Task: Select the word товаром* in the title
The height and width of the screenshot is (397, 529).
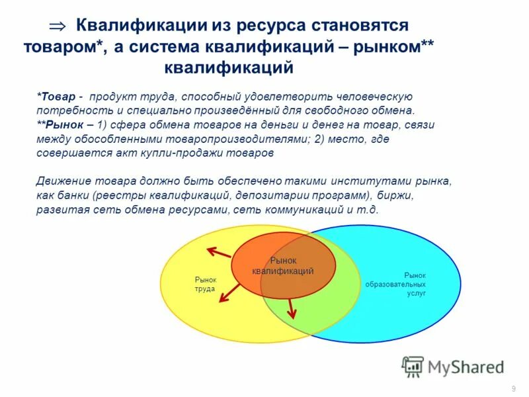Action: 60,46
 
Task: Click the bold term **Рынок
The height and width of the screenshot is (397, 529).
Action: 60,124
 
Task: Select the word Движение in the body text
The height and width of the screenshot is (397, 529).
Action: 63,181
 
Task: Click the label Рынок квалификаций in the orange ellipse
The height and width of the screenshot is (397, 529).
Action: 283,265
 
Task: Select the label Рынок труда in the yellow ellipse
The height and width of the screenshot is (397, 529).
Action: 205,284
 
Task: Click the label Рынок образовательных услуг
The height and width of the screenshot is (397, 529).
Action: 405,283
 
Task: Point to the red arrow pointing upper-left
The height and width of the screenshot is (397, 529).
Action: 218,252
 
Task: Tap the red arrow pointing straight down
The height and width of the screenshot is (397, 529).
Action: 290,306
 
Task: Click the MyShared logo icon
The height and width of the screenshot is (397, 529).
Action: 413,366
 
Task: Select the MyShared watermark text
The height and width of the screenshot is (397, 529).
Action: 466,367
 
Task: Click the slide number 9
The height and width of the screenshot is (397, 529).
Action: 514,388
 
